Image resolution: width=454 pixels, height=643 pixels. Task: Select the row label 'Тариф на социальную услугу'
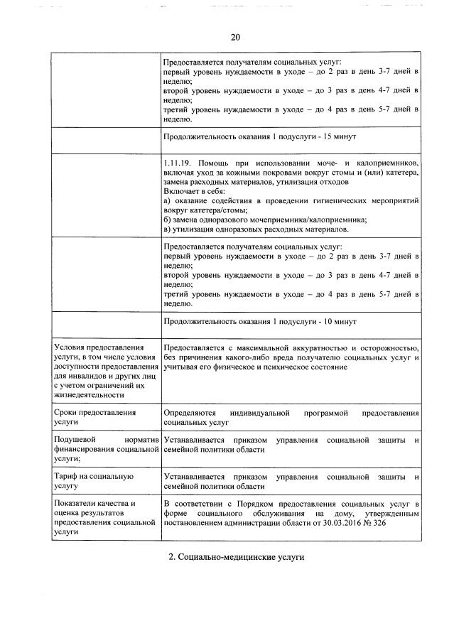tap(94, 481)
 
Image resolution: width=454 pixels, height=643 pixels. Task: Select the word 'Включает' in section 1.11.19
tap(181, 191)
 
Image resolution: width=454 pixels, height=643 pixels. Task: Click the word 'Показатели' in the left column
tap(76, 504)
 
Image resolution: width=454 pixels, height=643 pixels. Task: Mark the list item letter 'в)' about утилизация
tap(167, 229)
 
